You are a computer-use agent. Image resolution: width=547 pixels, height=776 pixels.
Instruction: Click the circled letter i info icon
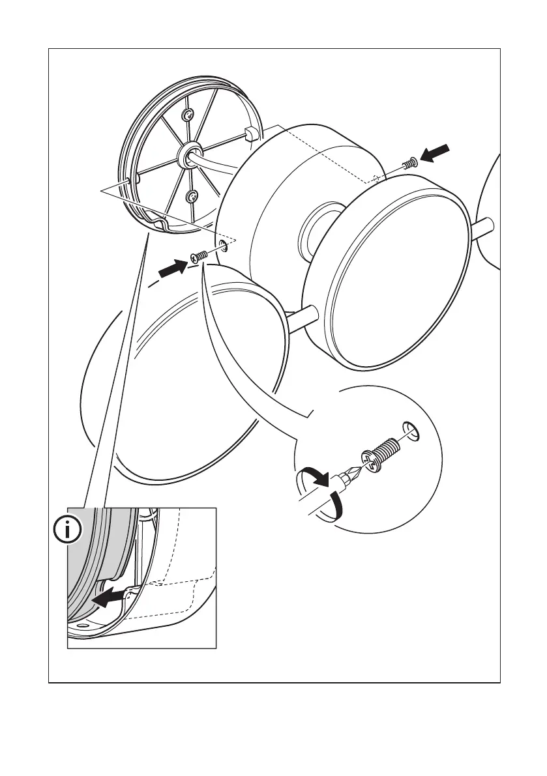(68, 531)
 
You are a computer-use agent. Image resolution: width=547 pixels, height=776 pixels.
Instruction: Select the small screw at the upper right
(410, 164)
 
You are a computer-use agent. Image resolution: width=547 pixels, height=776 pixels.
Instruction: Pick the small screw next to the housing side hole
(199, 256)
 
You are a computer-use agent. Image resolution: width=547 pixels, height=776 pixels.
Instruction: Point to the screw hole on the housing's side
(224, 246)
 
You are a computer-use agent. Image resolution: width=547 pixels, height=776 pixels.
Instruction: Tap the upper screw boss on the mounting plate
(188, 116)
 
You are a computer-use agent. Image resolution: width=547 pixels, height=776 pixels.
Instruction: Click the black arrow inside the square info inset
(109, 596)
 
